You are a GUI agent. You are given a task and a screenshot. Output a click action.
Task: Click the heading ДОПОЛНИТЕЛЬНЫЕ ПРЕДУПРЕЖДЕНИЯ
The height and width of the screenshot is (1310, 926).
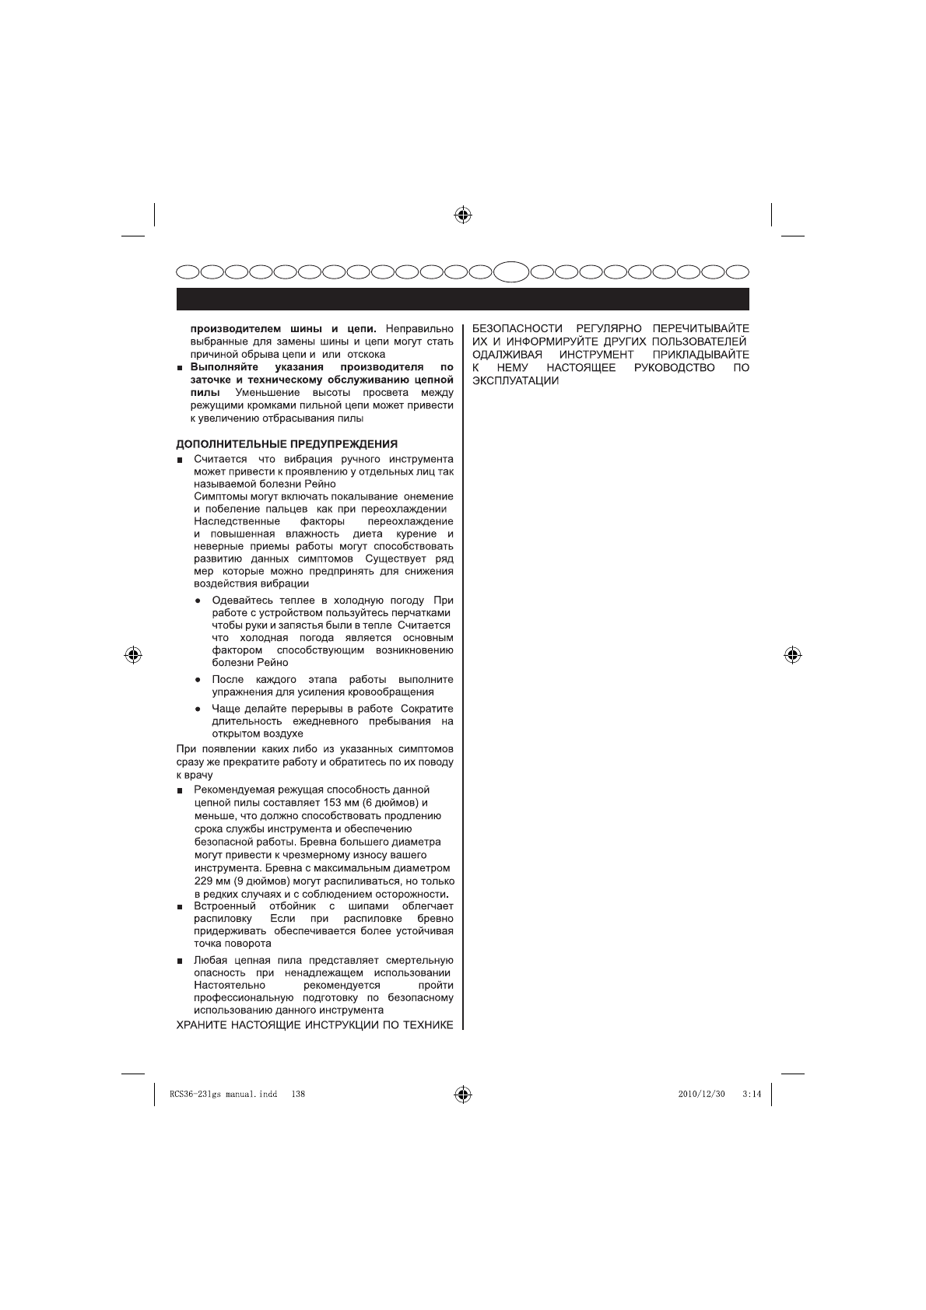tap(286, 444)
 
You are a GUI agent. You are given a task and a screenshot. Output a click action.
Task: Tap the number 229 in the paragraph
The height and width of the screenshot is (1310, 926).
tap(204, 881)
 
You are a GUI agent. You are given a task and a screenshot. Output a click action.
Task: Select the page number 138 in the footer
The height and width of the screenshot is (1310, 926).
tap(297, 1094)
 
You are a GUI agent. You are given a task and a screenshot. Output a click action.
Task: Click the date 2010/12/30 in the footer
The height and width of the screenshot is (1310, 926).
tap(701, 1094)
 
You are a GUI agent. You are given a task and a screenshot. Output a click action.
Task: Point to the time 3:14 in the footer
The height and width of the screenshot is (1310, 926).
tap(751, 1094)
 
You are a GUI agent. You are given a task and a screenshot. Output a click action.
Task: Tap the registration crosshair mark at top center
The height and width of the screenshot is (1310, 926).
tap(463, 214)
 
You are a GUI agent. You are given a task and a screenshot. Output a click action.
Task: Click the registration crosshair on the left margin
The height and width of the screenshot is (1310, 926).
tap(133, 654)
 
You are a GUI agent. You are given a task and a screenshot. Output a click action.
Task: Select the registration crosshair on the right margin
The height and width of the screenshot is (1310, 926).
tap(792, 654)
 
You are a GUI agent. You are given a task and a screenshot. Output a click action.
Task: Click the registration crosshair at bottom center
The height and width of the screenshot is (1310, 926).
tap(463, 1094)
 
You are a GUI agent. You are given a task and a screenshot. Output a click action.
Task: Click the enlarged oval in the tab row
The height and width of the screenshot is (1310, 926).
tap(512, 272)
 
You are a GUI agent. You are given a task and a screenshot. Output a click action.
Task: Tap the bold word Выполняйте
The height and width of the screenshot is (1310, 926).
tap(223, 367)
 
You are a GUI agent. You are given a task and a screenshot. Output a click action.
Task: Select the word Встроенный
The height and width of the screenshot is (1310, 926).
tap(225, 906)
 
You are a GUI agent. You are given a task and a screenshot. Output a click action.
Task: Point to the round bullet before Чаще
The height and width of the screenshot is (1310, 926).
tap(199, 709)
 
